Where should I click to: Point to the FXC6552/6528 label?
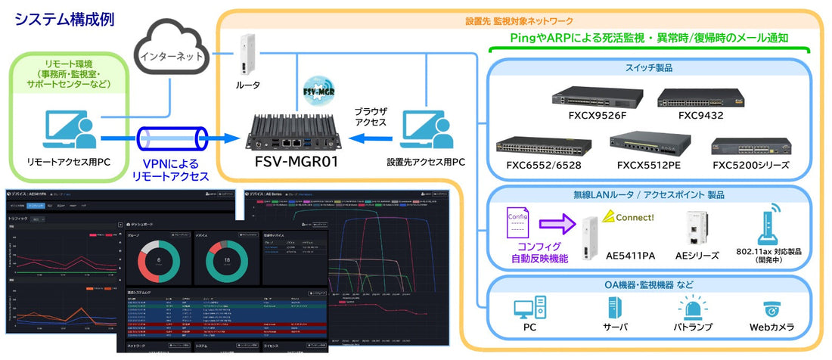pyautogui.click(x=532, y=165)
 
